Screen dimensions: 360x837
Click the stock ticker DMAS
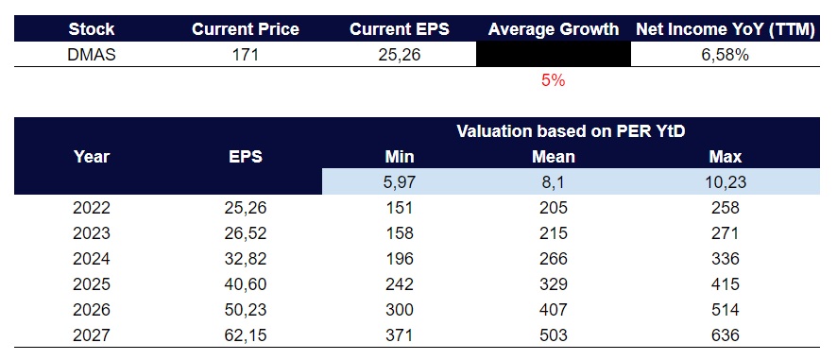pyautogui.click(x=92, y=56)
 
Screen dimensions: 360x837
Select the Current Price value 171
pyautogui.click(x=245, y=56)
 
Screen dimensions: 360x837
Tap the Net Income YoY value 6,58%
pyautogui.click(x=726, y=56)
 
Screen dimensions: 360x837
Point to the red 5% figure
pyautogui.click(x=553, y=81)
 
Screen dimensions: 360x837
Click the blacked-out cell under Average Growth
pyautogui.click(x=553, y=56)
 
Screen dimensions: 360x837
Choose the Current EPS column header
pyautogui.click(x=400, y=29)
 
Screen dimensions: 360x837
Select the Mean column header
pyautogui.click(x=553, y=157)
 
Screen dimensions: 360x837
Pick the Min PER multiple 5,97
pyautogui.click(x=400, y=182)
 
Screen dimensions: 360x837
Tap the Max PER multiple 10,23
pyautogui.click(x=726, y=182)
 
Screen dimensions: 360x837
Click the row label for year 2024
pyautogui.click(x=92, y=258)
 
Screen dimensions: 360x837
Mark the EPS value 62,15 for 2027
pyautogui.click(x=245, y=334)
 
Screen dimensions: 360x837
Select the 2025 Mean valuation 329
pyautogui.click(x=553, y=283)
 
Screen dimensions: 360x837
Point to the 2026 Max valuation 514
pyautogui.click(x=726, y=309)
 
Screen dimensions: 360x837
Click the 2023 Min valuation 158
pyautogui.click(x=400, y=232)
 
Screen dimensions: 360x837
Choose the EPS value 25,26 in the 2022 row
pyautogui.click(x=245, y=207)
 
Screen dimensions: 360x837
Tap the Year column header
pyautogui.click(x=92, y=157)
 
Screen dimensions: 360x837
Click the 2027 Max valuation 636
pyautogui.click(x=726, y=334)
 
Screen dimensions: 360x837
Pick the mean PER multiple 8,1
pyautogui.click(x=553, y=182)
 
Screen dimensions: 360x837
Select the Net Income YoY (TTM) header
pyautogui.click(x=726, y=29)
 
